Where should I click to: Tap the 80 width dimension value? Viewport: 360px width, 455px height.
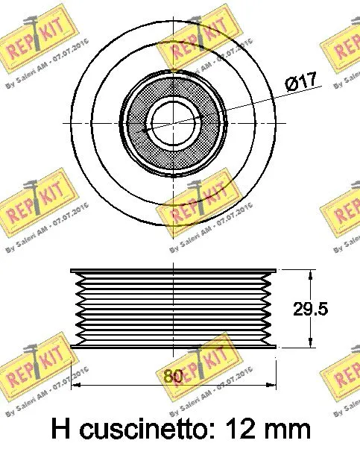point(173,376)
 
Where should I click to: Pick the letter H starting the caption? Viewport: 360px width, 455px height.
point(63,430)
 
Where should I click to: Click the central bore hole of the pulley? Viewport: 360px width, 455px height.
point(173,119)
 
